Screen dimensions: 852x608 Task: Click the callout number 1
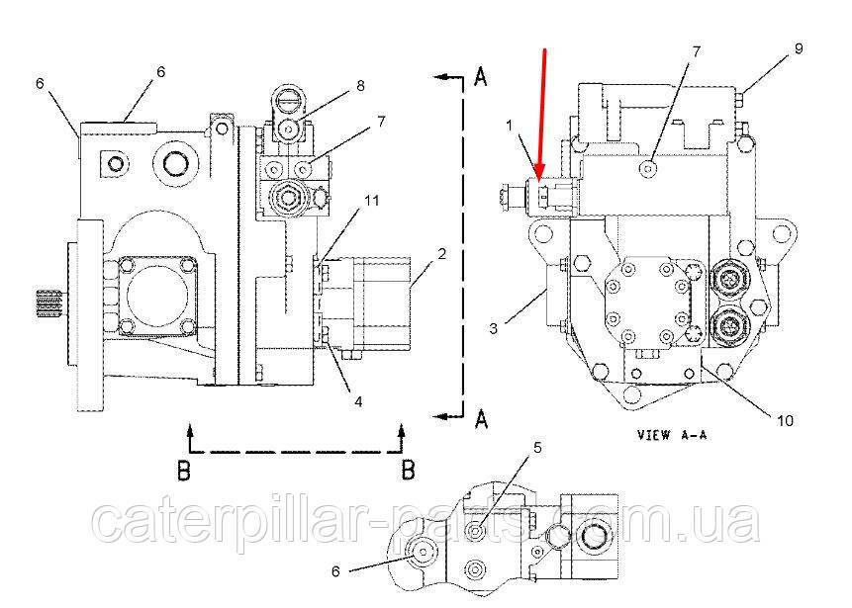[510, 126]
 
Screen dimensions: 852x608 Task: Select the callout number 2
[442, 253]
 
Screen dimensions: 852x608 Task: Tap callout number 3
[493, 328]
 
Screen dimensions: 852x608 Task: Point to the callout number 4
[358, 401]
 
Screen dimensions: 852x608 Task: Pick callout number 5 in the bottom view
[537, 448]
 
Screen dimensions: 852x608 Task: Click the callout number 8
[360, 86]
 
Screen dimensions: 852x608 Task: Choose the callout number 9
[799, 48]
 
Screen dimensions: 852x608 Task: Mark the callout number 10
[785, 421]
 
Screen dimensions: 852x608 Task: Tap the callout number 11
[372, 201]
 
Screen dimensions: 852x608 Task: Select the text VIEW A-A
[672, 435]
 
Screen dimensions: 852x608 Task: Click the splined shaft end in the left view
[48, 304]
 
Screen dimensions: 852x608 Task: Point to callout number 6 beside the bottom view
[335, 571]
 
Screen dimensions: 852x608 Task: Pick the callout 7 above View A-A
[696, 51]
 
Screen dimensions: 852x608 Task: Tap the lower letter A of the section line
[481, 418]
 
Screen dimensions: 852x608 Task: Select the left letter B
[184, 471]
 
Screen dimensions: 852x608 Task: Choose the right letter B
[408, 471]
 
